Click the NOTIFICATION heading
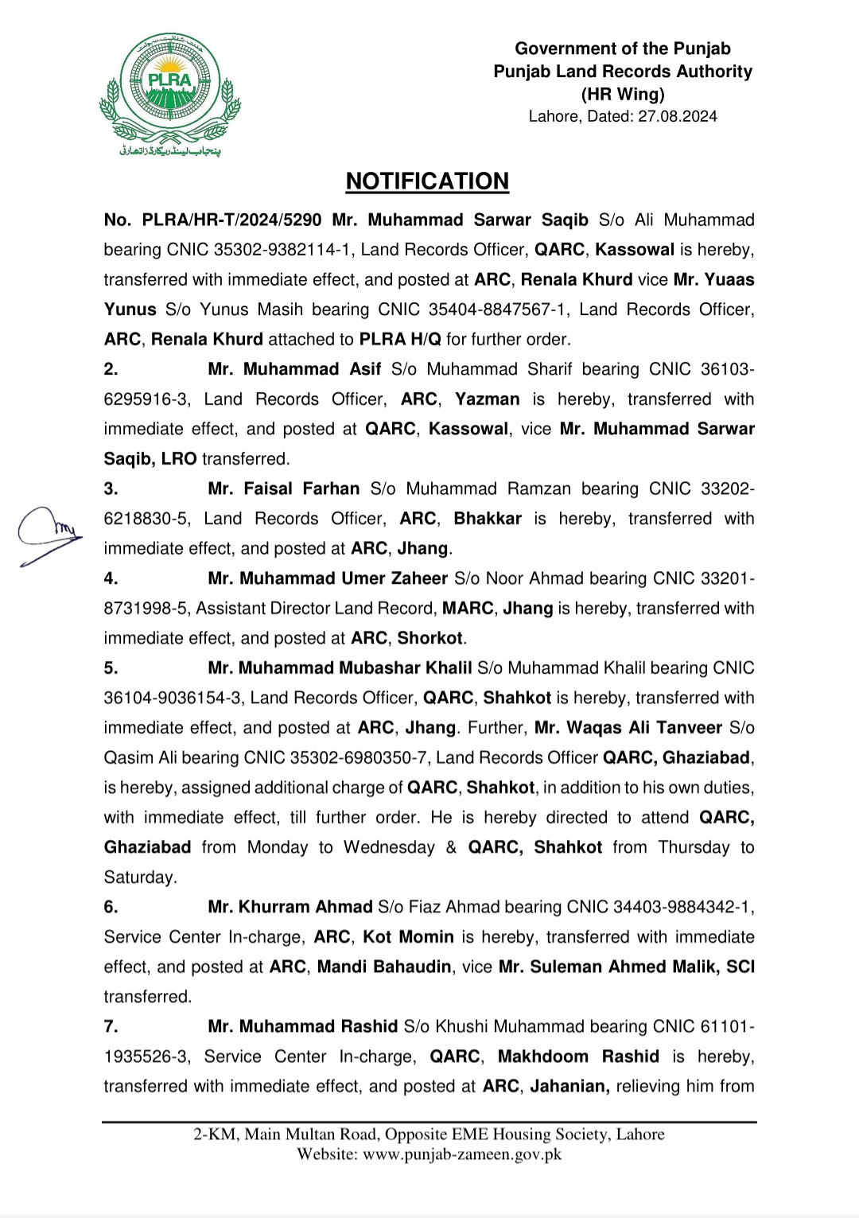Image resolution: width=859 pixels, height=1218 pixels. (x=427, y=181)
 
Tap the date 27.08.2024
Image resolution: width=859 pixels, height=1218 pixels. (x=677, y=116)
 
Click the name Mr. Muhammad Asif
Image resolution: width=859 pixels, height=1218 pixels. (x=294, y=369)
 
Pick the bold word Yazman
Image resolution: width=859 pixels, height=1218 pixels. (x=487, y=399)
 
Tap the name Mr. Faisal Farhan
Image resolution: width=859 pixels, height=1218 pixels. (x=284, y=488)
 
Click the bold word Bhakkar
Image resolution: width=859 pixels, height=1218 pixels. (x=488, y=519)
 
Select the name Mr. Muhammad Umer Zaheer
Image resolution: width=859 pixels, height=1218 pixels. (x=328, y=578)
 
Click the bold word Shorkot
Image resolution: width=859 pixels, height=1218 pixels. (x=430, y=638)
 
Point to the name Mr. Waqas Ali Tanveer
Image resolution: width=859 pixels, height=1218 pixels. (x=628, y=728)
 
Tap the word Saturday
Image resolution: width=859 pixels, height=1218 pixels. (x=140, y=878)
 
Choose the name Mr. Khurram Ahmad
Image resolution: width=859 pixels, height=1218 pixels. (x=290, y=907)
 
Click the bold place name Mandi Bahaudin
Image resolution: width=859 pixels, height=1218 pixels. (x=384, y=967)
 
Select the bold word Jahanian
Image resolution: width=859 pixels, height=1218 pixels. (x=569, y=1086)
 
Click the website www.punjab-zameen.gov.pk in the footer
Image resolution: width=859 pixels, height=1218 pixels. (x=462, y=1154)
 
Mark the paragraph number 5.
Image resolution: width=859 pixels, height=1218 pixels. (x=111, y=668)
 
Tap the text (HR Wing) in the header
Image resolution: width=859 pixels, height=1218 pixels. (x=623, y=94)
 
